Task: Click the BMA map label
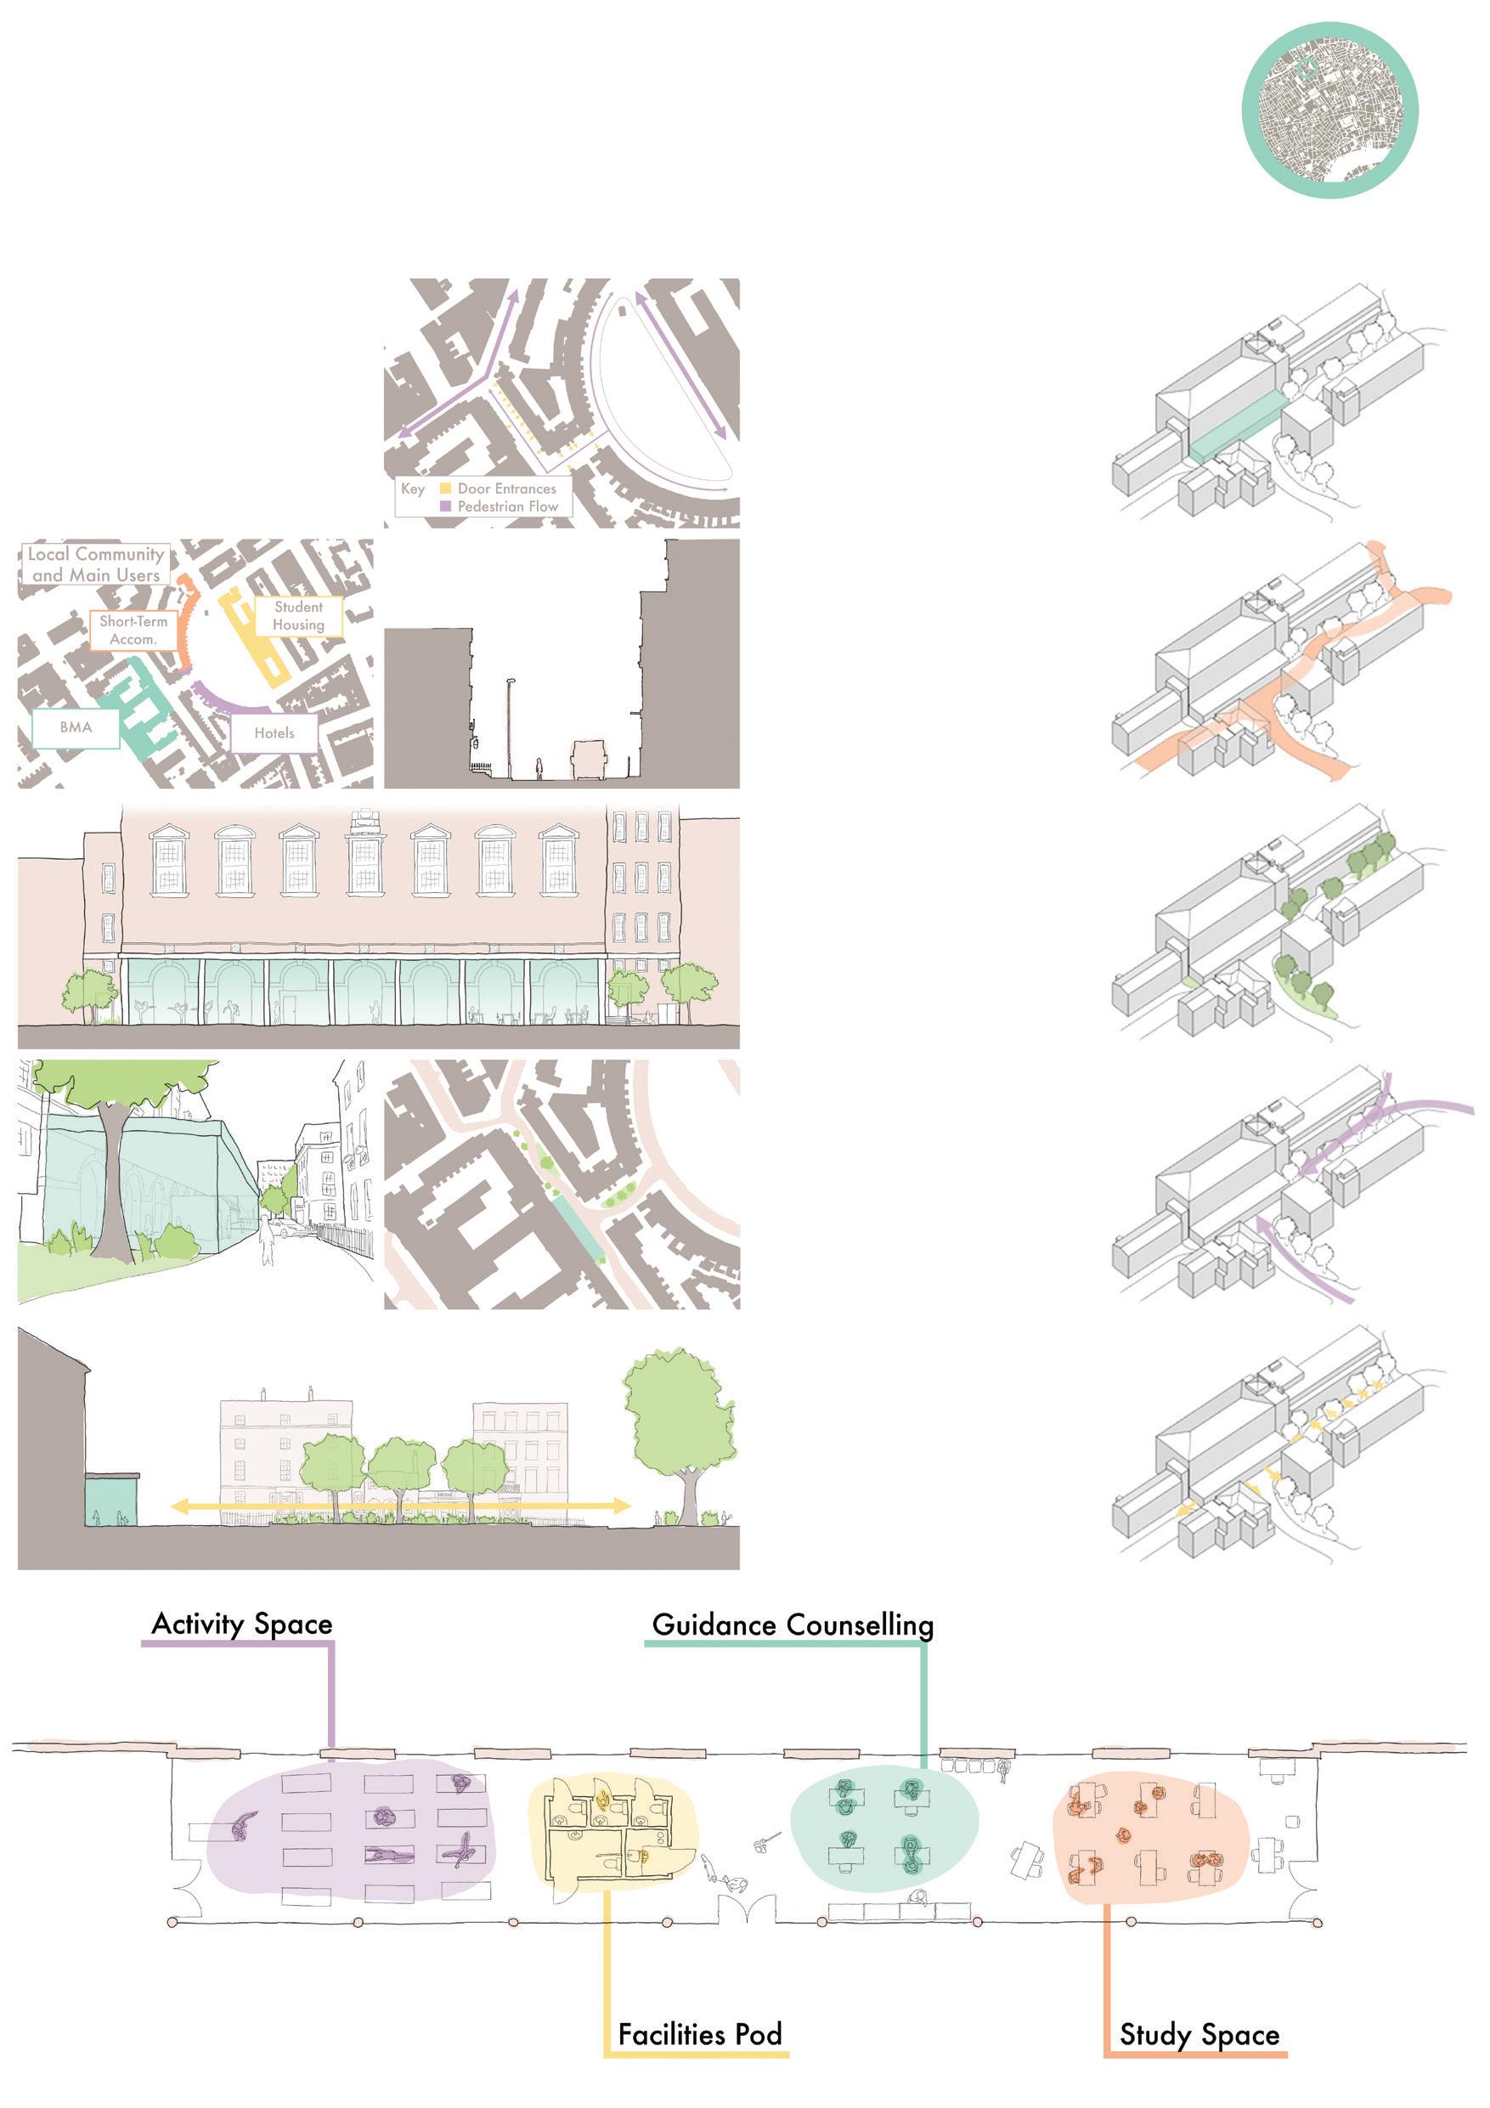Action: (x=76, y=727)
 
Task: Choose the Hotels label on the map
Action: (x=274, y=732)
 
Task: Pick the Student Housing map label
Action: (x=298, y=616)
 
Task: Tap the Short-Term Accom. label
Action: (x=133, y=630)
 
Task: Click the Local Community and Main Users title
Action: (x=95, y=563)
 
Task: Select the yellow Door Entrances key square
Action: (x=445, y=489)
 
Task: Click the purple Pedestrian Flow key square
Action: (x=445, y=506)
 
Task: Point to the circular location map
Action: (x=1329, y=110)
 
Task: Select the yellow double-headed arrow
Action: (x=400, y=1506)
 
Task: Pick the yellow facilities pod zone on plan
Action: (x=612, y=1830)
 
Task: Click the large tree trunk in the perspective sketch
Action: (x=115, y=1184)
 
